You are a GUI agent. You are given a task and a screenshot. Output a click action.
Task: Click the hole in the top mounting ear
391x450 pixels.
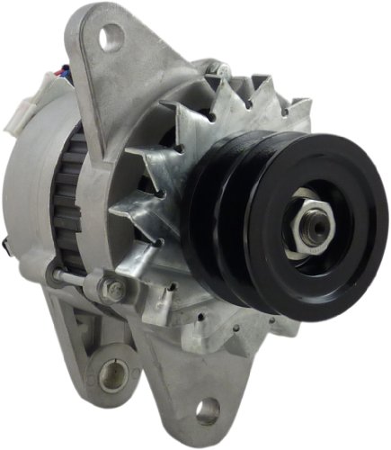tap(111, 36)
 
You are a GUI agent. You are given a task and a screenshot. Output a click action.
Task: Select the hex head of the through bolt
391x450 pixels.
tap(116, 290)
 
